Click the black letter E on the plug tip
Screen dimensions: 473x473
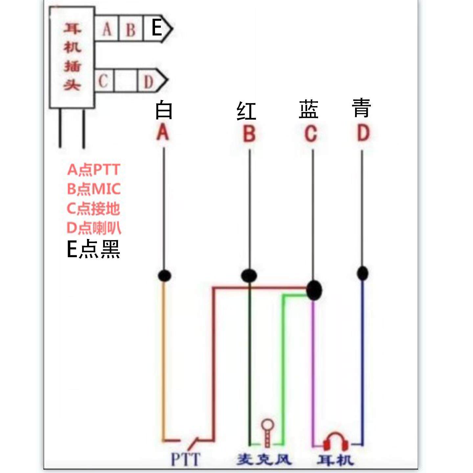tap(157, 28)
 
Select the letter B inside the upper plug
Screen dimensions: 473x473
tap(131, 30)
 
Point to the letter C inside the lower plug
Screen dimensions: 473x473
tap(103, 80)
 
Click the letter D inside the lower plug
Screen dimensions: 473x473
tap(148, 82)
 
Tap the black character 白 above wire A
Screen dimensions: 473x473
tap(164, 110)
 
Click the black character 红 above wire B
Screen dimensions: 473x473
tap(246, 111)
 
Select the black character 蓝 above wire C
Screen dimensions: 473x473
tap(308, 109)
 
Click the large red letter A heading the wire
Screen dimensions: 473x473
tap(163, 133)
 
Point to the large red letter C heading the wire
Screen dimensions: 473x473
tap(311, 134)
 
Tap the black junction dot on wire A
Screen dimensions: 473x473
tap(165, 275)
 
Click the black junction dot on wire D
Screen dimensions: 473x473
tap(362, 273)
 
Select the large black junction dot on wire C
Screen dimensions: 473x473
tap(314, 290)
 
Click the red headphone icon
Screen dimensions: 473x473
tap(335, 441)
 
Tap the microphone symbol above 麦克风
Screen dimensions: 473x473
tap(267, 432)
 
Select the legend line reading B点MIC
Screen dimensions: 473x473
tap(94, 189)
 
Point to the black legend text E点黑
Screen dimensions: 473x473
tap(93, 249)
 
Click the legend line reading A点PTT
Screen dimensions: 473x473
tap(94, 169)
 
